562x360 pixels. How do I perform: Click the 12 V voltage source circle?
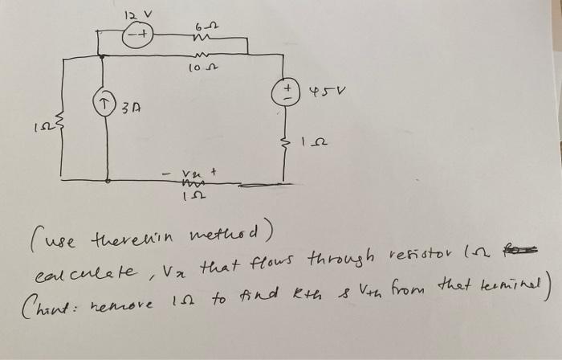pos(137,35)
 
